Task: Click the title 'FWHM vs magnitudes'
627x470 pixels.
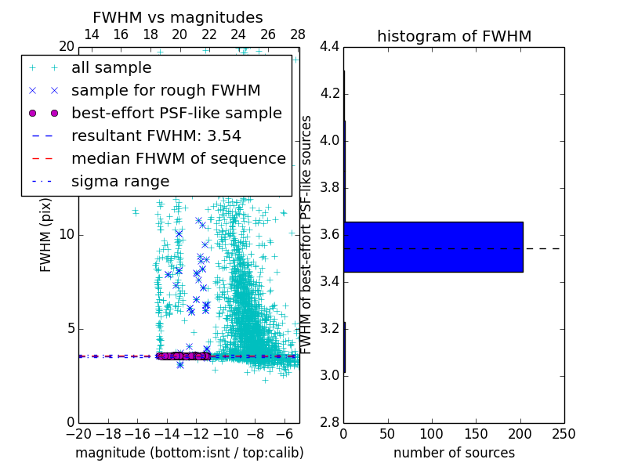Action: (178, 17)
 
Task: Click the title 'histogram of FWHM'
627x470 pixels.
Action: (454, 36)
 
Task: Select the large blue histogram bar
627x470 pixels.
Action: (433, 247)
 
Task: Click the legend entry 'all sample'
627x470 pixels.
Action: (111, 68)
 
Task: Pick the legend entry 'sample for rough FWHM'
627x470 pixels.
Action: (165, 91)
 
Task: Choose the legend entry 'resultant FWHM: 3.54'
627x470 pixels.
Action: (156, 136)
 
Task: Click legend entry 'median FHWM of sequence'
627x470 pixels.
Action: (178, 159)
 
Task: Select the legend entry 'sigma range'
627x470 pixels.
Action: (120, 182)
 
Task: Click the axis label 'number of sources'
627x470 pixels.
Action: (454, 453)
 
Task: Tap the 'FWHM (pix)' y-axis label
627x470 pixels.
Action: (46, 235)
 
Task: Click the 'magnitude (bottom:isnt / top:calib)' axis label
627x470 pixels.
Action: (189, 453)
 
